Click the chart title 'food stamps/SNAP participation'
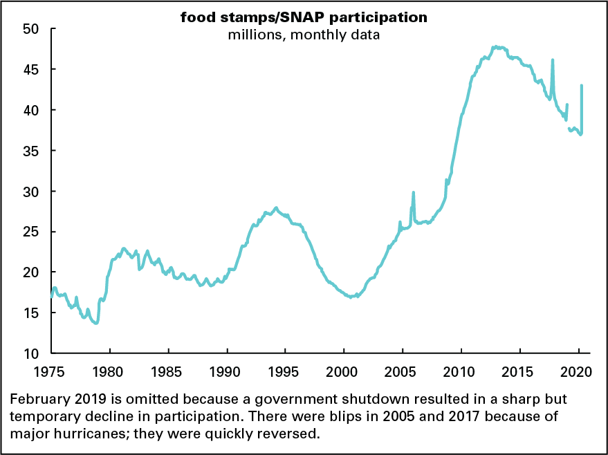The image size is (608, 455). (x=304, y=18)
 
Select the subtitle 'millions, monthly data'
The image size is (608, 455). (x=304, y=35)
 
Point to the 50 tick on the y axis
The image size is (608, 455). (x=35, y=29)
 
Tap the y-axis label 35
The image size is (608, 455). (x=35, y=151)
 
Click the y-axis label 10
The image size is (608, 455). (x=35, y=353)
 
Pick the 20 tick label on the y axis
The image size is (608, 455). (x=35, y=272)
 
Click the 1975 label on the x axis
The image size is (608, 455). (x=52, y=371)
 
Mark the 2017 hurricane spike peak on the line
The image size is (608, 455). (x=552, y=60)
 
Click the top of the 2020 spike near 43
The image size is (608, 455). (x=582, y=86)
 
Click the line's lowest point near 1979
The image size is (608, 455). (x=96, y=323)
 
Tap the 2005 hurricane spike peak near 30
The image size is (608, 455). (x=414, y=193)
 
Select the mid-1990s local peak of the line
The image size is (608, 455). (x=276, y=207)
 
